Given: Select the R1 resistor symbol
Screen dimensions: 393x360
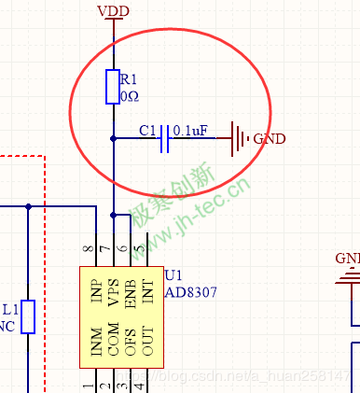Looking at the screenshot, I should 113,86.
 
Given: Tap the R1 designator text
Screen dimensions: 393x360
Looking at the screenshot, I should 130,78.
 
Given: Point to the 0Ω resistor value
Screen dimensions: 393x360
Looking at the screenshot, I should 130,95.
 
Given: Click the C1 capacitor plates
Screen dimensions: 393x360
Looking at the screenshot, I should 165,138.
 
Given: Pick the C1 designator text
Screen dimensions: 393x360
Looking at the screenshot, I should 146,130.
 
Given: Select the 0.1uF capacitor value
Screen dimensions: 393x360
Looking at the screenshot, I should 190,130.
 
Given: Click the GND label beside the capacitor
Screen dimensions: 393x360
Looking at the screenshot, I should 270,139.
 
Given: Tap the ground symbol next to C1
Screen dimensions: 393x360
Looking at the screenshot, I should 240,139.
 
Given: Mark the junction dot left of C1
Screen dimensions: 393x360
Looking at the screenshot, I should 113,138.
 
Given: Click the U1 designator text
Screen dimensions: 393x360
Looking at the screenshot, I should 173,275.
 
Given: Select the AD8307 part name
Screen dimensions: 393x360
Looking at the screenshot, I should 190,291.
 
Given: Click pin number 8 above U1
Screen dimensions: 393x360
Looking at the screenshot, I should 89,249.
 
